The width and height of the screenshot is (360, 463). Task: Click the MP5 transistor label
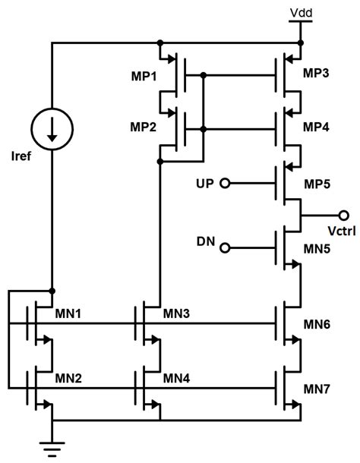click(317, 184)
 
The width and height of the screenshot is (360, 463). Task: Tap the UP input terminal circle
click(224, 184)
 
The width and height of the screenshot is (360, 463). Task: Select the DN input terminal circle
click(224, 247)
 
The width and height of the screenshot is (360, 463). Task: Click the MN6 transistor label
click(317, 324)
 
